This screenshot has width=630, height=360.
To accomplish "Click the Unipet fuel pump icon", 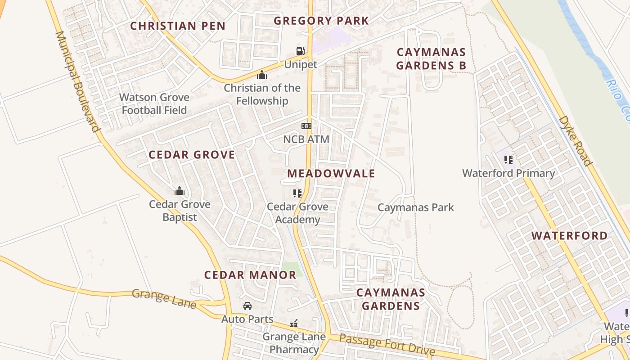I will [x=300, y=51].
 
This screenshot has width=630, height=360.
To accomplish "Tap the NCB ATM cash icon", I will [x=306, y=126].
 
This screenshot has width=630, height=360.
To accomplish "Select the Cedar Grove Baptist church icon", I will [x=180, y=191].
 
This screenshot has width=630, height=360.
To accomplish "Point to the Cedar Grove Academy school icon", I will [x=297, y=193].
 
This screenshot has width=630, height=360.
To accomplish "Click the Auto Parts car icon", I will [x=247, y=306].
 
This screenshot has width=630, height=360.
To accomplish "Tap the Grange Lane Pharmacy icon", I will [x=294, y=324].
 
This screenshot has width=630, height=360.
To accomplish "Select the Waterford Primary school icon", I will [x=508, y=159].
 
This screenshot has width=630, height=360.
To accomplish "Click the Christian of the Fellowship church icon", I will [x=262, y=75].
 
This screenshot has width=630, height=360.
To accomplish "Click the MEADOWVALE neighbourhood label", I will [x=331, y=174].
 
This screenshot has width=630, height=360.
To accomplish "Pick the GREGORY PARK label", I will [x=321, y=21].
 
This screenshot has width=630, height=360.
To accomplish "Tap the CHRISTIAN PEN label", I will [x=178, y=26].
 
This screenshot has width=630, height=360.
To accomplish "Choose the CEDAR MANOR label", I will [x=250, y=275].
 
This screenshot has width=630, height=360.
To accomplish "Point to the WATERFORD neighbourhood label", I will [x=569, y=236].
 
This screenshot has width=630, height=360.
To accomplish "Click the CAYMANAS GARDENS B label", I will [x=431, y=59].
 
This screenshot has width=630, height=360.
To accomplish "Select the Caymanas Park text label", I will [x=416, y=207].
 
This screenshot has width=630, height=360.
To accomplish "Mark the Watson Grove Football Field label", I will [x=154, y=103].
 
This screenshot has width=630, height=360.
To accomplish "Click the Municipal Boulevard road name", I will [x=77, y=81].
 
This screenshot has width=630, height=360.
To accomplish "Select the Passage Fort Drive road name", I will [x=387, y=345].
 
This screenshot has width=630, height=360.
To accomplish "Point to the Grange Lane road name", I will [x=164, y=299].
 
